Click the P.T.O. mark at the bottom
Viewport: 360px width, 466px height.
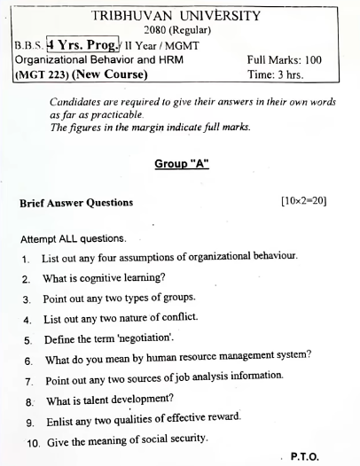(x=304, y=454)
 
